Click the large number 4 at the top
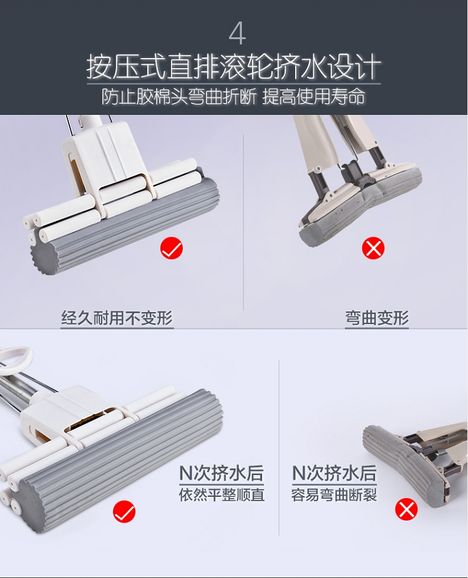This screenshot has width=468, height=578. pos(237,34)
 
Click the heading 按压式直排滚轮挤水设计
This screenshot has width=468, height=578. pos(233,67)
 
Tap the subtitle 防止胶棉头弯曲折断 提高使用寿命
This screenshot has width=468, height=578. pos(233,97)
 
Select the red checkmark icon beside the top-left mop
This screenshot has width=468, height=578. pos(172,248)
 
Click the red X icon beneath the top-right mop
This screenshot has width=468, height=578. pos(373,248)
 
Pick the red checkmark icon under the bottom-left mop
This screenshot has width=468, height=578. pos(124,511)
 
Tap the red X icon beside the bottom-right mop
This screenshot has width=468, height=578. pos(406,510)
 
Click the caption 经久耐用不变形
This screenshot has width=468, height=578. pos(117,318)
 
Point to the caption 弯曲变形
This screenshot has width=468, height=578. pos(377,318)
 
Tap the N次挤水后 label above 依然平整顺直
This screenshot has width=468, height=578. pos(222,473)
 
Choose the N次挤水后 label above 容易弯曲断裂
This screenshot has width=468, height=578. pos(334,473)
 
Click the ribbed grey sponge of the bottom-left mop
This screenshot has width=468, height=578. pos(122,461)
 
